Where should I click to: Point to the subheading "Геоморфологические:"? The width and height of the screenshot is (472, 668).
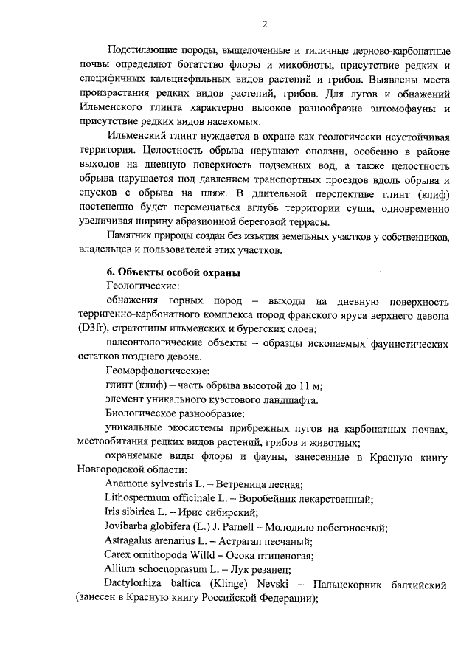pyautogui.click(x=157, y=370)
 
